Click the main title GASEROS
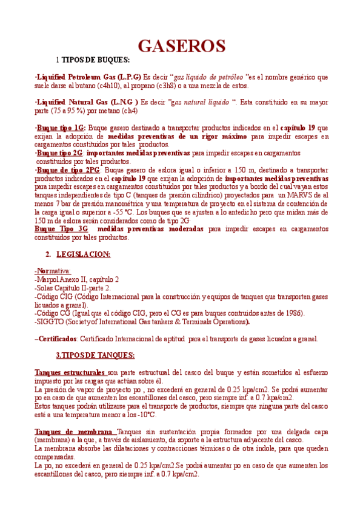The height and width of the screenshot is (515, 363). [x=182, y=46]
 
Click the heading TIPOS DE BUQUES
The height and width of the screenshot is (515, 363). [x=96, y=60]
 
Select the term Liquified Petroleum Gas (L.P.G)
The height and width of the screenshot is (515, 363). [x=89, y=77]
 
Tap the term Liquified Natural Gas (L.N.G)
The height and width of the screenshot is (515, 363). [x=88, y=102]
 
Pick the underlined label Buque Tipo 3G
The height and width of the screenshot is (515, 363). [x=61, y=229]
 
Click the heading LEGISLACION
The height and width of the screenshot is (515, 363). [x=83, y=254]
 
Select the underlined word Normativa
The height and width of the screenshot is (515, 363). [x=53, y=270]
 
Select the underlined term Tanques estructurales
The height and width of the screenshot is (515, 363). [x=70, y=372]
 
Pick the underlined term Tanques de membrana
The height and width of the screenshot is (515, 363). [x=75, y=431]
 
